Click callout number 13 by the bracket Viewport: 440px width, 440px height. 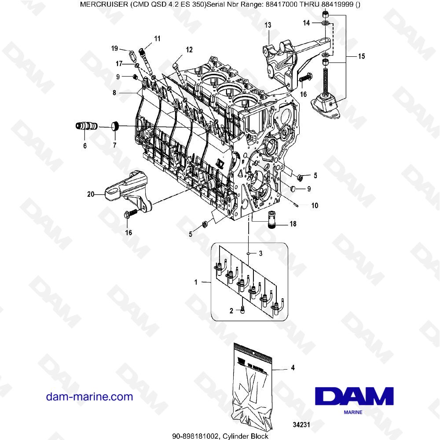click(268, 26)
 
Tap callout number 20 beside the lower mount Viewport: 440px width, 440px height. click(91, 193)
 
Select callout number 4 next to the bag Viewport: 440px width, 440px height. click(293, 367)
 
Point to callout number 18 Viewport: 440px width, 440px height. click(293, 224)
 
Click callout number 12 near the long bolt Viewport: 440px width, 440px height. click(189, 50)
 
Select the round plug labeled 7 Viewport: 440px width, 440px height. click(116, 126)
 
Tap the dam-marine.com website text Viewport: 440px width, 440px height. click(89, 397)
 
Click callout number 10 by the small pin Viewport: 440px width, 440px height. click(315, 205)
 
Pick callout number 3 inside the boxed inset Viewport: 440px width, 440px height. click(260, 253)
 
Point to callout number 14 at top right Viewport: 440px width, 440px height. click(307, 22)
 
